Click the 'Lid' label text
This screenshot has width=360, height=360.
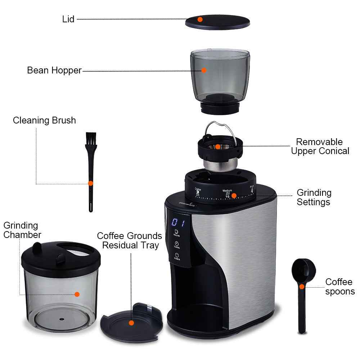(68, 19)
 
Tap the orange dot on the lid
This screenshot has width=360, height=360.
(200, 19)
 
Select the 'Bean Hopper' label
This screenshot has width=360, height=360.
(54, 70)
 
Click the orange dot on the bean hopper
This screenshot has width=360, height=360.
(204, 70)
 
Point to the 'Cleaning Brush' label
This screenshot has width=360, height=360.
(44, 120)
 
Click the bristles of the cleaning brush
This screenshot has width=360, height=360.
(90, 139)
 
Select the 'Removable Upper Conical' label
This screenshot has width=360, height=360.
(320, 147)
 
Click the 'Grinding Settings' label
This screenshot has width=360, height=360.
(314, 197)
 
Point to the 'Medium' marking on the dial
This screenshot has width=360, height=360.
(227, 191)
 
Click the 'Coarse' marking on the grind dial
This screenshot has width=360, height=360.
(198, 189)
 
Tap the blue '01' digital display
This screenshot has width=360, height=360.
(178, 222)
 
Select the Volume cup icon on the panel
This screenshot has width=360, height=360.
(176, 232)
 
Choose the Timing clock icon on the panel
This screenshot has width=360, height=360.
(177, 244)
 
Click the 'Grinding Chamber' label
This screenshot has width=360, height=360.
(22, 230)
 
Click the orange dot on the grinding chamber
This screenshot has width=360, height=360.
(77, 294)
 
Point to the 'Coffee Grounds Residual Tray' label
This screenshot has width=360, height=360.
(130, 240)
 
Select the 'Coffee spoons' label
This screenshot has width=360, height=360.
(340, 287)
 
